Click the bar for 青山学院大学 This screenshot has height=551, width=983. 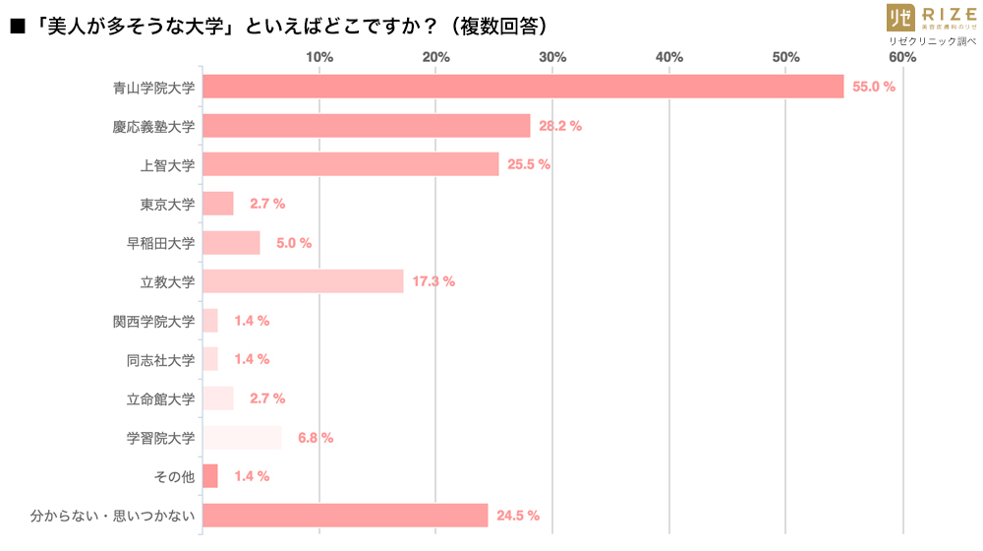(523, 87)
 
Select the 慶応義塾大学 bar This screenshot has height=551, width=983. (366, 126)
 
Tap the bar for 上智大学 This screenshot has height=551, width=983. (351, 164)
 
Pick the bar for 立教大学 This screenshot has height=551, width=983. (303, 281)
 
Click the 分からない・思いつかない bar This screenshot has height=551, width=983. (345, 516)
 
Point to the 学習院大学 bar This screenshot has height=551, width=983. (242, 438)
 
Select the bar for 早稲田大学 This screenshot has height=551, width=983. (231, 243)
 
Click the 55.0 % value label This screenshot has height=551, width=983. (873, 87)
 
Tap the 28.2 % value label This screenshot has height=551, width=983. (559, 126)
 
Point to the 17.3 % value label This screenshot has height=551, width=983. (433, 281)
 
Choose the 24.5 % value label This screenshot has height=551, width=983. (517, 516)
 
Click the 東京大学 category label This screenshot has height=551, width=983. (167, 204)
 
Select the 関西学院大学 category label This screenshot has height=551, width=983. (154, 321)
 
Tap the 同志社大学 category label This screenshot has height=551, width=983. (161, 359)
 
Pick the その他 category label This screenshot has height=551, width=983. (174, 476)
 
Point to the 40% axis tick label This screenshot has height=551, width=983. (669, 57)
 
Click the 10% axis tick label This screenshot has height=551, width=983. (319, 57)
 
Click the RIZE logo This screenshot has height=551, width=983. (931, 18)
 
